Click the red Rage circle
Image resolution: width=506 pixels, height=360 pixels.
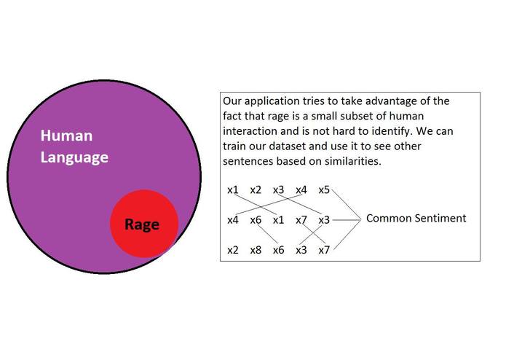point(143,224)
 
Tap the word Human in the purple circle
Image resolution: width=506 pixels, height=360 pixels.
point(66,136)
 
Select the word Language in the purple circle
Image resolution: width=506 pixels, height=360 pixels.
point(74,157)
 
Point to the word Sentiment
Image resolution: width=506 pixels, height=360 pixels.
point(441,218)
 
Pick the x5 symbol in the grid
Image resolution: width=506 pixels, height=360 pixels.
point(324,190)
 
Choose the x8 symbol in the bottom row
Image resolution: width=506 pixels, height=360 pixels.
point(256,250)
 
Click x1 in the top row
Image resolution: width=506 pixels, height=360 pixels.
point(233,190)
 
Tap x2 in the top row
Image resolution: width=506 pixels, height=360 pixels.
point(256,190)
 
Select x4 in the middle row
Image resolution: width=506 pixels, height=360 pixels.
point(233,220)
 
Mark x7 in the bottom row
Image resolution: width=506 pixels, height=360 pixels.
point(324,250)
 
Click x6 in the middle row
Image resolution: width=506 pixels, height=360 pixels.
point(256,220)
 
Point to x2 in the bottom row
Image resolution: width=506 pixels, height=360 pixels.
point(233,250)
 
